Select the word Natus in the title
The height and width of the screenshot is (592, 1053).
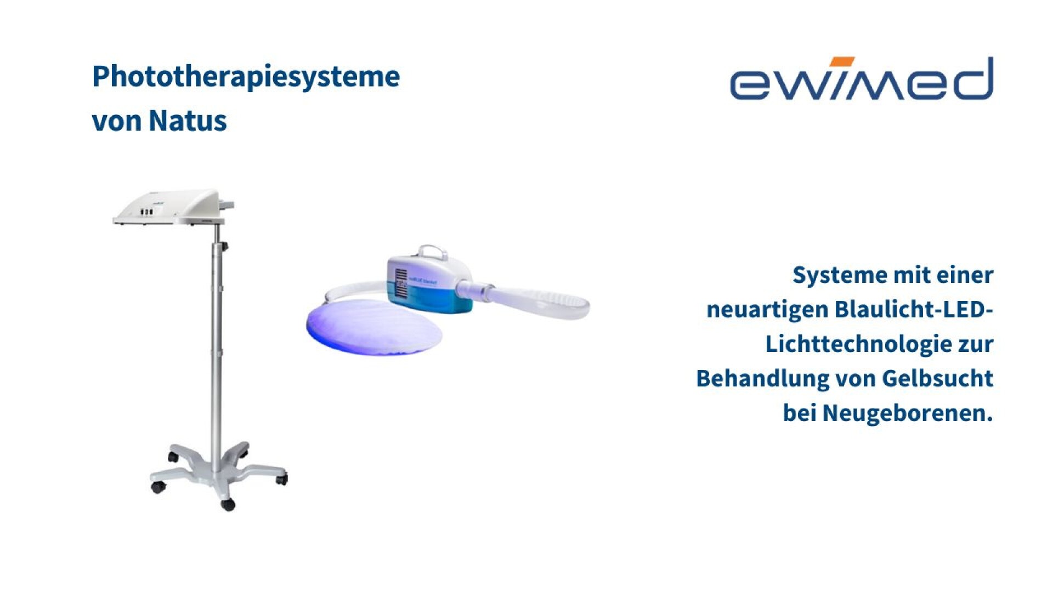188,121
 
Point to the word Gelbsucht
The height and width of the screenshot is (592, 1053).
937,379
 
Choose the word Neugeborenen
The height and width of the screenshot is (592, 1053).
908,413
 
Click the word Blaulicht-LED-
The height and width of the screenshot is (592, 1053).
914,310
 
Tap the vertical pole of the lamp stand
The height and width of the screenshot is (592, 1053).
217,340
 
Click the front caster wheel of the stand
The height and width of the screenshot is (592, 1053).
228,504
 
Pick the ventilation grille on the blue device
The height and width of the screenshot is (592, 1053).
401,283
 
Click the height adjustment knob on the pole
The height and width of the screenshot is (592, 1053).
224,247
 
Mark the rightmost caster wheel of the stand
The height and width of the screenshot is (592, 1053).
282,479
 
